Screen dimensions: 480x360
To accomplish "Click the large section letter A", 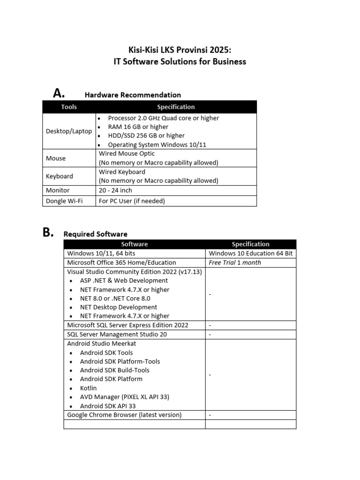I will point(59,93).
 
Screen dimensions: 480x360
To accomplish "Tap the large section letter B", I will point(48,232).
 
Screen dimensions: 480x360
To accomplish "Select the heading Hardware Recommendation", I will point(133,95).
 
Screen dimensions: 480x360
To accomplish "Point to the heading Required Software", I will point(95,234).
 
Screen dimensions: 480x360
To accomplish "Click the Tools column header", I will point(69,107).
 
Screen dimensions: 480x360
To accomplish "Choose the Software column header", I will point(134,244).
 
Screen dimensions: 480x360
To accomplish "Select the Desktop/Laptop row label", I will point(69,131).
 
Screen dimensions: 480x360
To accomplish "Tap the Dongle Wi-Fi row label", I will point(64,201).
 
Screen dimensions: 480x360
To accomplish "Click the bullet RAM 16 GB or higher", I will point(138,127).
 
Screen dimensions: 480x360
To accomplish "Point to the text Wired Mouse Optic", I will point(127,154).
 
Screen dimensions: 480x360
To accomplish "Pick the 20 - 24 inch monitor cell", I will point(115,190).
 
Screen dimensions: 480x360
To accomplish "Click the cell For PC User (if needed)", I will point(132,201).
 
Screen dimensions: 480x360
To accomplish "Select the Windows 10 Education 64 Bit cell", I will point(250,254).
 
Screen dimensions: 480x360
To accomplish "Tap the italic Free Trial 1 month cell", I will point(235,262).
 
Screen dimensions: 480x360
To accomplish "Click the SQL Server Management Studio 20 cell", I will point(117,335).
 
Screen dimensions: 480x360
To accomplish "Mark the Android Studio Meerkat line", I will point(102,344).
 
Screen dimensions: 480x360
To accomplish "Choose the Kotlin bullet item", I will point(88,388).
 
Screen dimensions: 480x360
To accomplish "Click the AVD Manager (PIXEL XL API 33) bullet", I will point(124,397).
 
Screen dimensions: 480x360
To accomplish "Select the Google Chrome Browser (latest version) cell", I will point(124,415).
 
